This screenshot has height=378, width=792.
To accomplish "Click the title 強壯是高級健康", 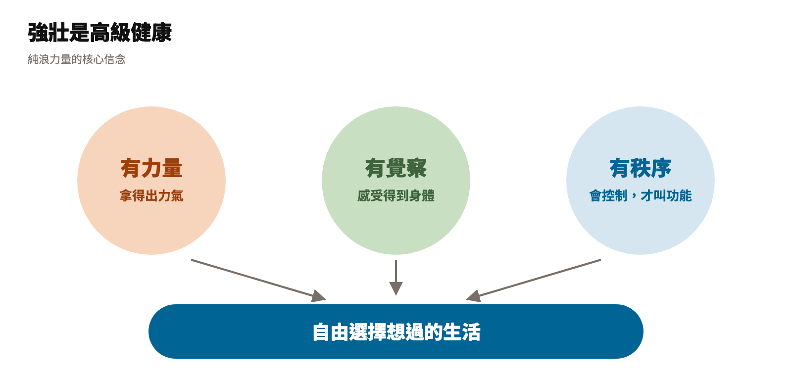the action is coord(99,33).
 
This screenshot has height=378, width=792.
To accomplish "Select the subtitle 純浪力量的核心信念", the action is coord(77,59).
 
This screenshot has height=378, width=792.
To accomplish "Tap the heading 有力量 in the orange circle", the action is coord(151,168).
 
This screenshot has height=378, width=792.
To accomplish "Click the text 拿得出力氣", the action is coord(151,196).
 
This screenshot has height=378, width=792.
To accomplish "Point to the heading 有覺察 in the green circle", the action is coord(396,168).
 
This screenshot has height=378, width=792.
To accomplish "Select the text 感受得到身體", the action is coord(396,196).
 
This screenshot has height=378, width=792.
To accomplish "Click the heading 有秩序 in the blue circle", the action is coord(641,168).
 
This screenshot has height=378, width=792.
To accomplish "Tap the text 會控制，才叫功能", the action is coord(641,196).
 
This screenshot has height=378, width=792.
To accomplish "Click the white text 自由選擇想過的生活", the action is coord(396,332).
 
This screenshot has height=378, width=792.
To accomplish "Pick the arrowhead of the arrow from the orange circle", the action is coord(319,296).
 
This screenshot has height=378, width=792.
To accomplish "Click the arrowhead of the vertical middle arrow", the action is coord(396,288).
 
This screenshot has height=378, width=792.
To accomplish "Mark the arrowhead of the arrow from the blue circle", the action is coord(474,296).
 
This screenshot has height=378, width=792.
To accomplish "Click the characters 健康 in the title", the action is coord(151,33).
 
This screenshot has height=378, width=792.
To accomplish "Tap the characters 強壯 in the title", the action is coord(48,33).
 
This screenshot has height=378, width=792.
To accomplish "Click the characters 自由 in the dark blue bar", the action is coord(330,332).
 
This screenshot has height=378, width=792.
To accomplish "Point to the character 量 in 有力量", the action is coord(173,168).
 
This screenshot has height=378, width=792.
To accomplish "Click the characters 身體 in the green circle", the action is coord(422,196).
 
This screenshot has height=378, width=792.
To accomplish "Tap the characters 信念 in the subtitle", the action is coord(115,59).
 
